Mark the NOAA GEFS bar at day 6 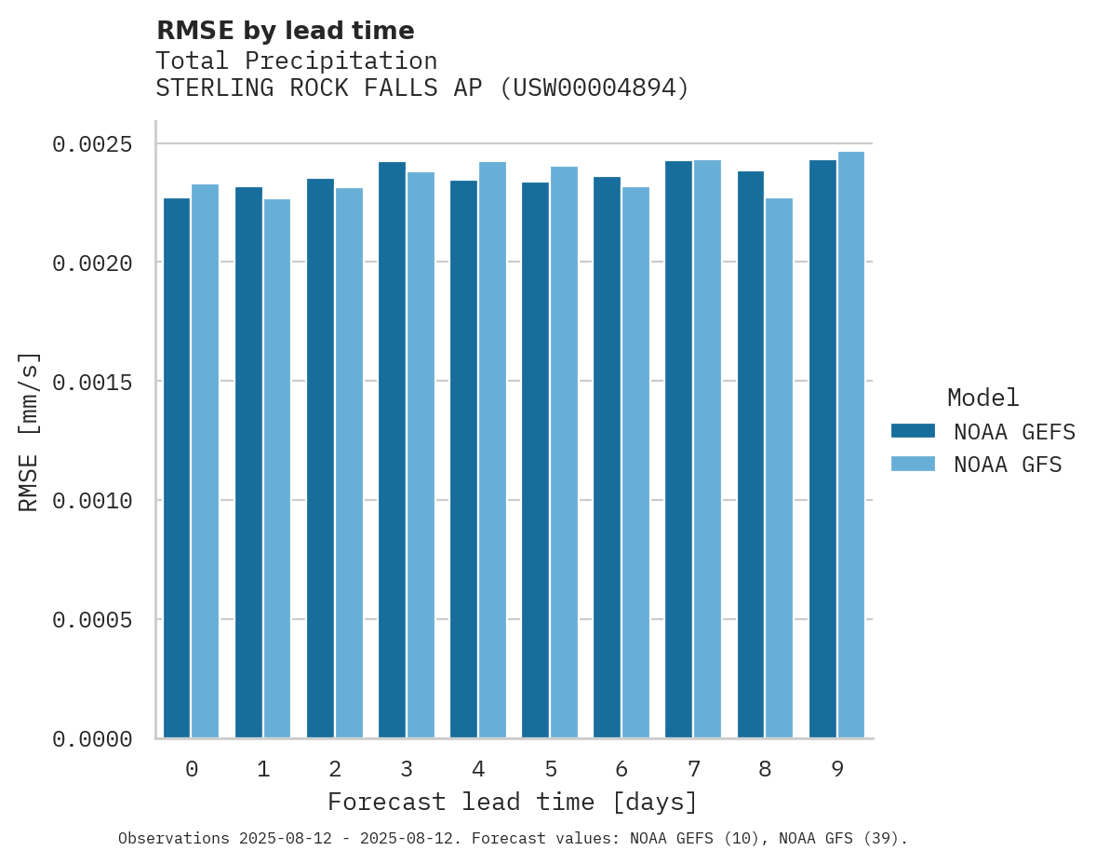607,457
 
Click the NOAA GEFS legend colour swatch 912,431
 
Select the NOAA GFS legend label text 1008,464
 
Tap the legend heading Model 982,398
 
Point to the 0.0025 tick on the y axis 92,144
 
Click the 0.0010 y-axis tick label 92,501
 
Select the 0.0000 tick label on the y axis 92,739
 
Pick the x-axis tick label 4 478,769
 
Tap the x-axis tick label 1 263,769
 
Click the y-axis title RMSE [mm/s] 30,431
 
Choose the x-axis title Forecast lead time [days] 513,802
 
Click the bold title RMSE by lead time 285,31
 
